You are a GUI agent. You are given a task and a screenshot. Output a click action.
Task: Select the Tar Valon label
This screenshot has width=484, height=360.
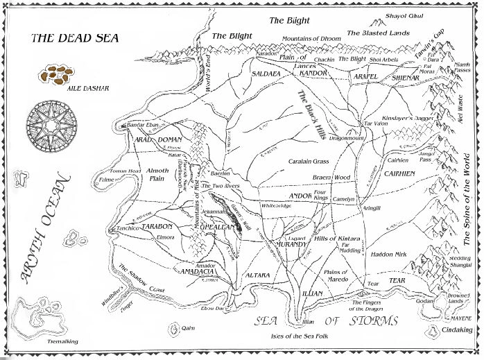(x=377, y=123)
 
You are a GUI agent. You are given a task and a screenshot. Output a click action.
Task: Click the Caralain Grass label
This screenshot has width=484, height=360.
(x=308, y=161)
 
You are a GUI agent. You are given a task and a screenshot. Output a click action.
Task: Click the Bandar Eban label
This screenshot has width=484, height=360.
(x=145, y=125)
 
